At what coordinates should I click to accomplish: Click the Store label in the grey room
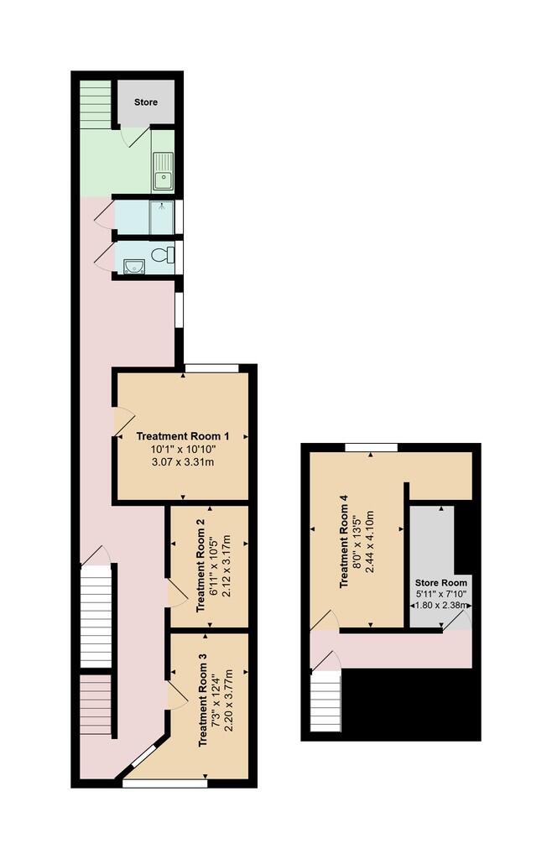pyautogui.click(x=146, y=102)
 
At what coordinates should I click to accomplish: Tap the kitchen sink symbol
pyautogui.click(x=164, y=171)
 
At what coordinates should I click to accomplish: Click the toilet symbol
pyautogui.click(x=164, y=254)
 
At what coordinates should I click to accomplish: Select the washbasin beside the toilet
pyautogui.click(x=134, y=266)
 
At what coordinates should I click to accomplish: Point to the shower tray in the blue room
pyautogui.click(x=162, y=218)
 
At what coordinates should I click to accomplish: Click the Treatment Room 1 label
pyautogui.click(x=182, y=436)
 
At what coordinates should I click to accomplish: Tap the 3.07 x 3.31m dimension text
pyautogui.click(x=182, y=462)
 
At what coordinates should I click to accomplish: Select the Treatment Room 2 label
pyautogui.click(x=200, y=565)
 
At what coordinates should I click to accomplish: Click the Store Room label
pyautogui.click(x=440, y=583)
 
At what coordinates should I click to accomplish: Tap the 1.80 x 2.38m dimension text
pyautogui.click(x=440, y=606)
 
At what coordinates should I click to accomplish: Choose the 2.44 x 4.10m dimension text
pyautogui.click(x=369, y=542)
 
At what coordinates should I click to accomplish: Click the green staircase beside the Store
pyautogui.click(x=96, y=105)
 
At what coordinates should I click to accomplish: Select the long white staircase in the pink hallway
pyautogui.click(x=96, y=617)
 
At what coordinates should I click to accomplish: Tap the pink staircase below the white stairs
pyautogui.click(x=96, y=705)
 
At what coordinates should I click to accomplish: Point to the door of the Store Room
pyautogui.click(x=456, y=621)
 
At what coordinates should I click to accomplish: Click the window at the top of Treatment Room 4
pyautogui.click(x=372, y=448)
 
